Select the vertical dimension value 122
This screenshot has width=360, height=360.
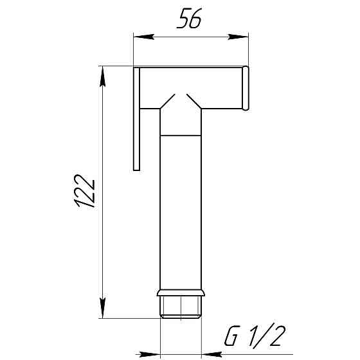click(x=85, y=192)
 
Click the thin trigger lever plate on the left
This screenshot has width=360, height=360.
click(x=136, y=119)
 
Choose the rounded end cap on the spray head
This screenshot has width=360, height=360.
click(x=246, y=89)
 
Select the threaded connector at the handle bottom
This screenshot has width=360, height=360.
click(x=181, y=307)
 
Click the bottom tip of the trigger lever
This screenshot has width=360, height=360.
click(x=136, y=169)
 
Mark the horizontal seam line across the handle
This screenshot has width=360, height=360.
click(x=181, y=136)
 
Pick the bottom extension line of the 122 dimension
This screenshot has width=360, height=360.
click(x=129, y=318)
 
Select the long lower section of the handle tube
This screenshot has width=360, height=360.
click(x=181, y=212)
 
